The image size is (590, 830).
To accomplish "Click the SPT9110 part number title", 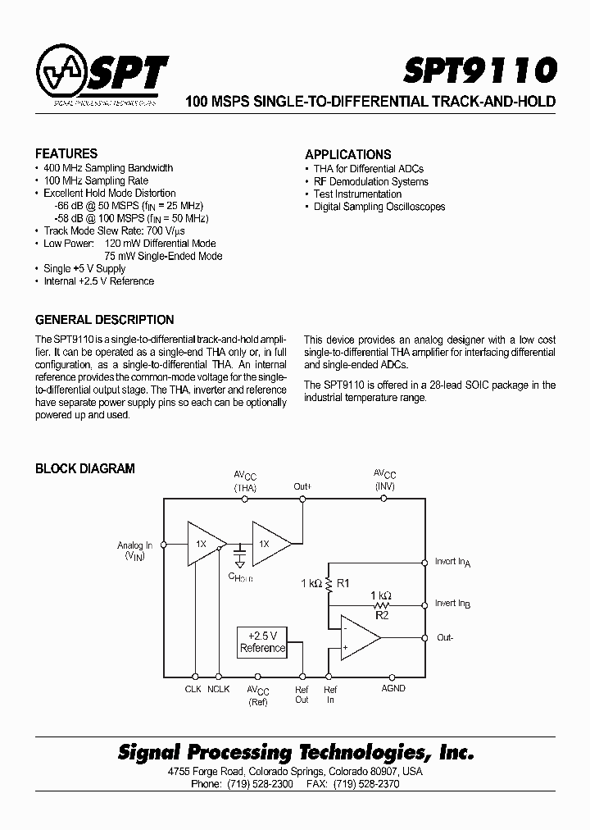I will point(480,71).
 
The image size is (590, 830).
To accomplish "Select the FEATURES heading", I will point(66,153).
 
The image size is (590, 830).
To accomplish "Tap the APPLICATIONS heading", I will point(347,154).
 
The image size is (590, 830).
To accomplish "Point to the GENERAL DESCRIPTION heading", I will point(104,320).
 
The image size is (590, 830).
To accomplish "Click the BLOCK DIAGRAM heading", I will point(84,468).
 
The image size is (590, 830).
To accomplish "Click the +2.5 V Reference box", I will point(262,641).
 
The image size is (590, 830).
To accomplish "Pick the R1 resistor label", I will point(343,583).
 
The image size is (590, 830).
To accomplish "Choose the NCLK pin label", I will point(219,689).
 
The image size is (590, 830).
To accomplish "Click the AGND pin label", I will point(393,688).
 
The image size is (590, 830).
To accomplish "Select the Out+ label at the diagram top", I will point(302,486).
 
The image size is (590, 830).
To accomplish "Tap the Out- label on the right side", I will point(445,637).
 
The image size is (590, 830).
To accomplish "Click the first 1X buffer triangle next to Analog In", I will point(202,544).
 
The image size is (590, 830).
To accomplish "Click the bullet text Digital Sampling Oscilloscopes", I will point(379,207).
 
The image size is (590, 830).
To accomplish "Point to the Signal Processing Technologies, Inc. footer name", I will point(296,752).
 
